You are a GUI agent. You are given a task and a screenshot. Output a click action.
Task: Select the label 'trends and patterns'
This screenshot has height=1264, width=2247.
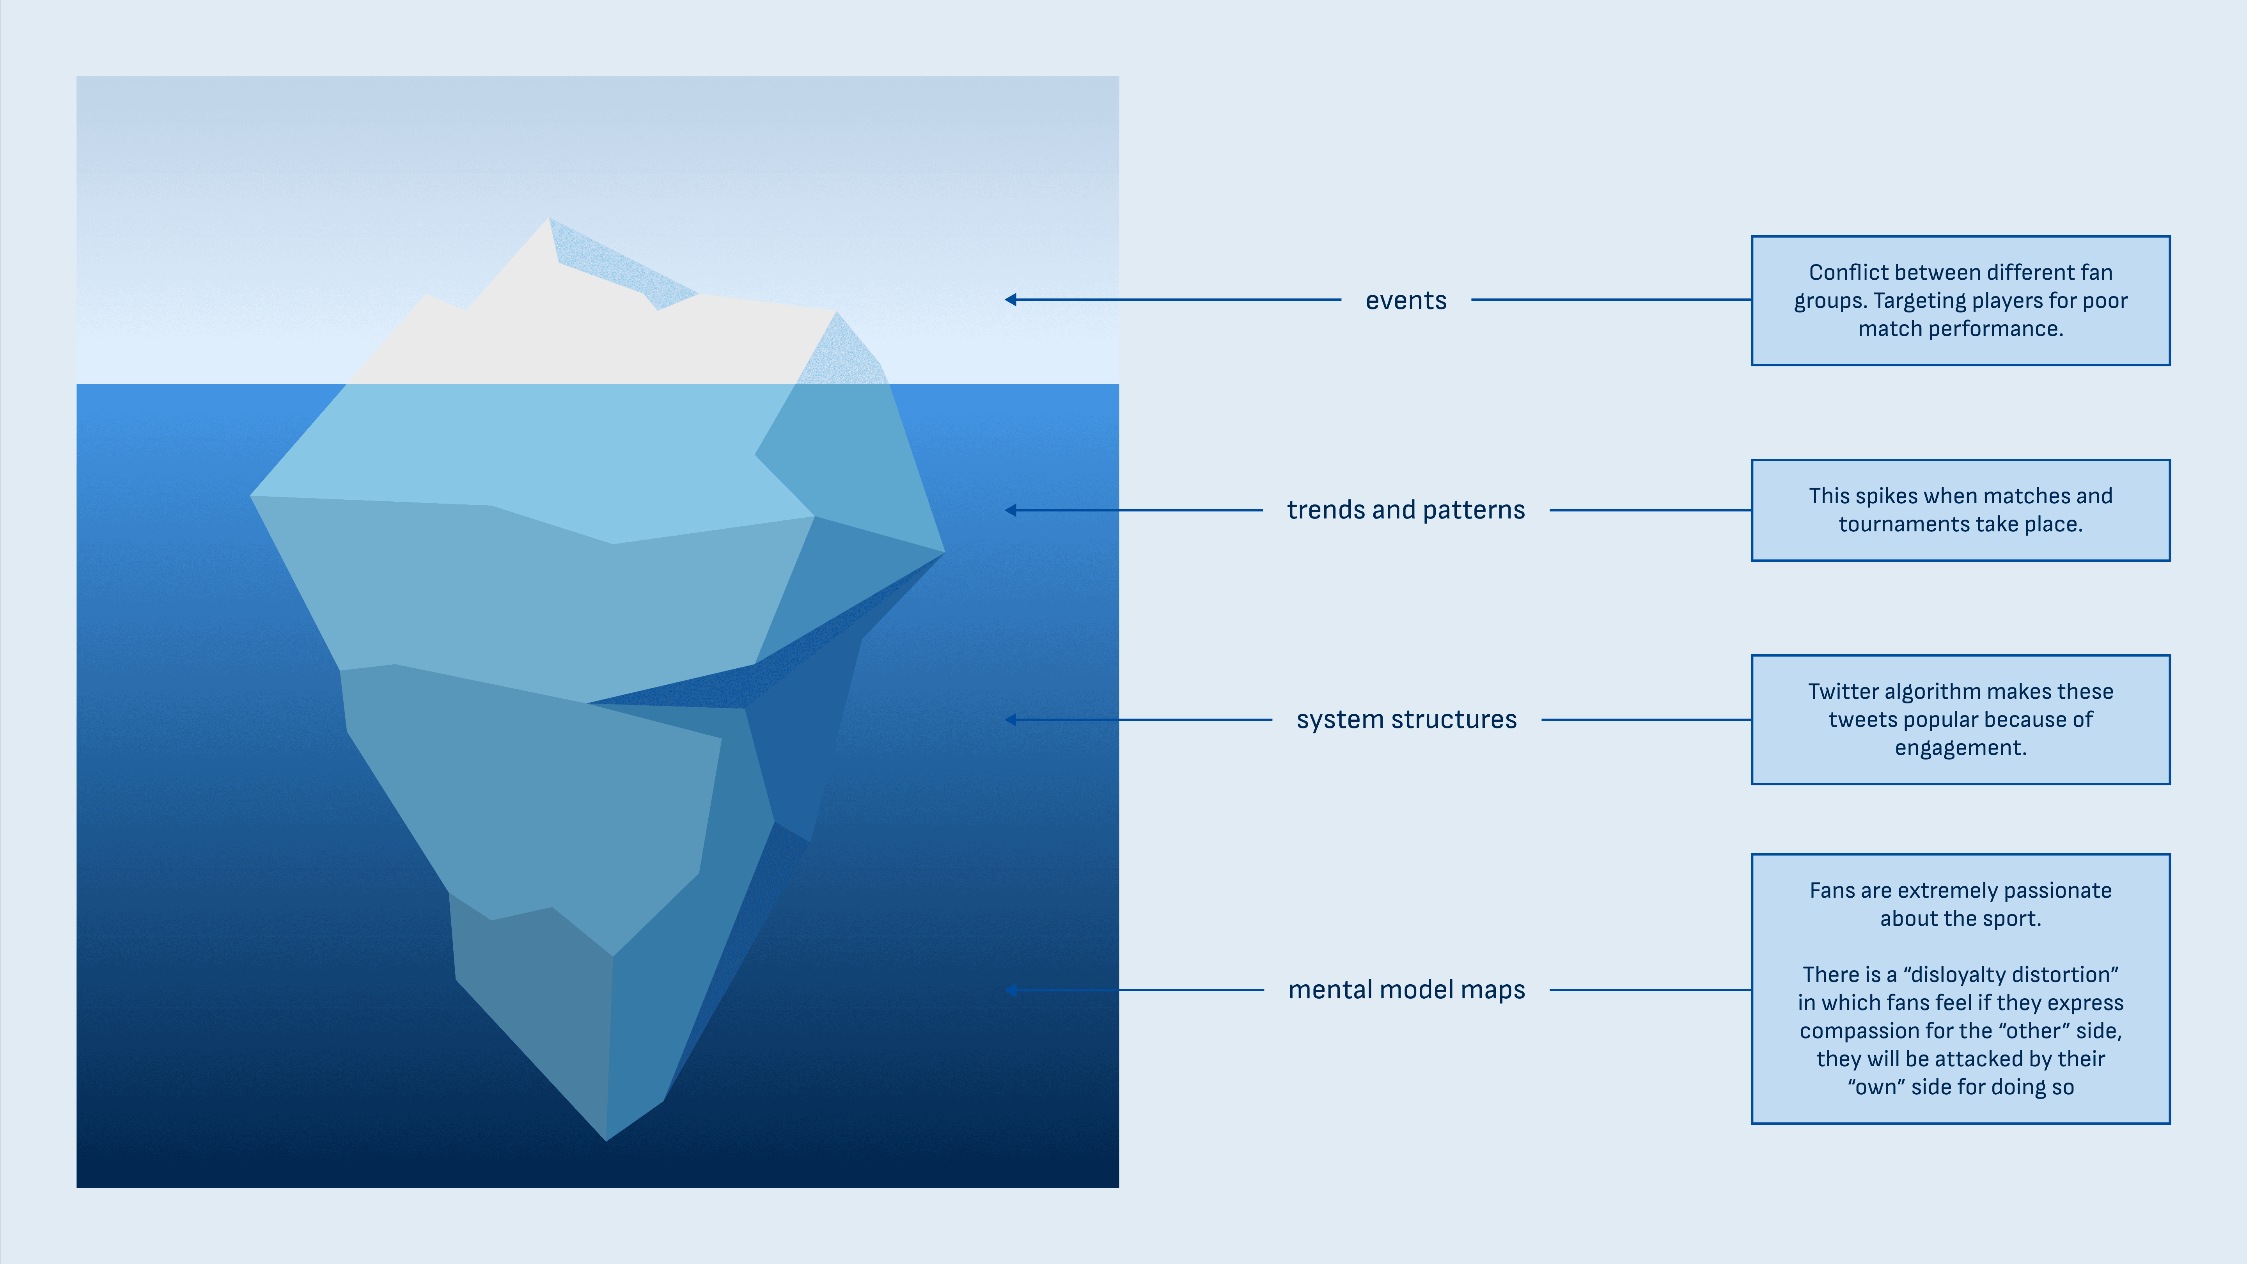[1405, 510]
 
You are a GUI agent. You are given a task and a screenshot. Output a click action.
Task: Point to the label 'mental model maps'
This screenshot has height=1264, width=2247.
[1406, 990]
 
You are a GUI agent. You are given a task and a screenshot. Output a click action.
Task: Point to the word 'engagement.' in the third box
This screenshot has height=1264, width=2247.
[1960, 749]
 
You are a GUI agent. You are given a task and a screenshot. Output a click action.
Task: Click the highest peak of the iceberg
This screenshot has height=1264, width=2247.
[549, 220]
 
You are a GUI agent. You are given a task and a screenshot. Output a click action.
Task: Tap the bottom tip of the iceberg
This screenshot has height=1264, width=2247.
[606, 1138]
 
